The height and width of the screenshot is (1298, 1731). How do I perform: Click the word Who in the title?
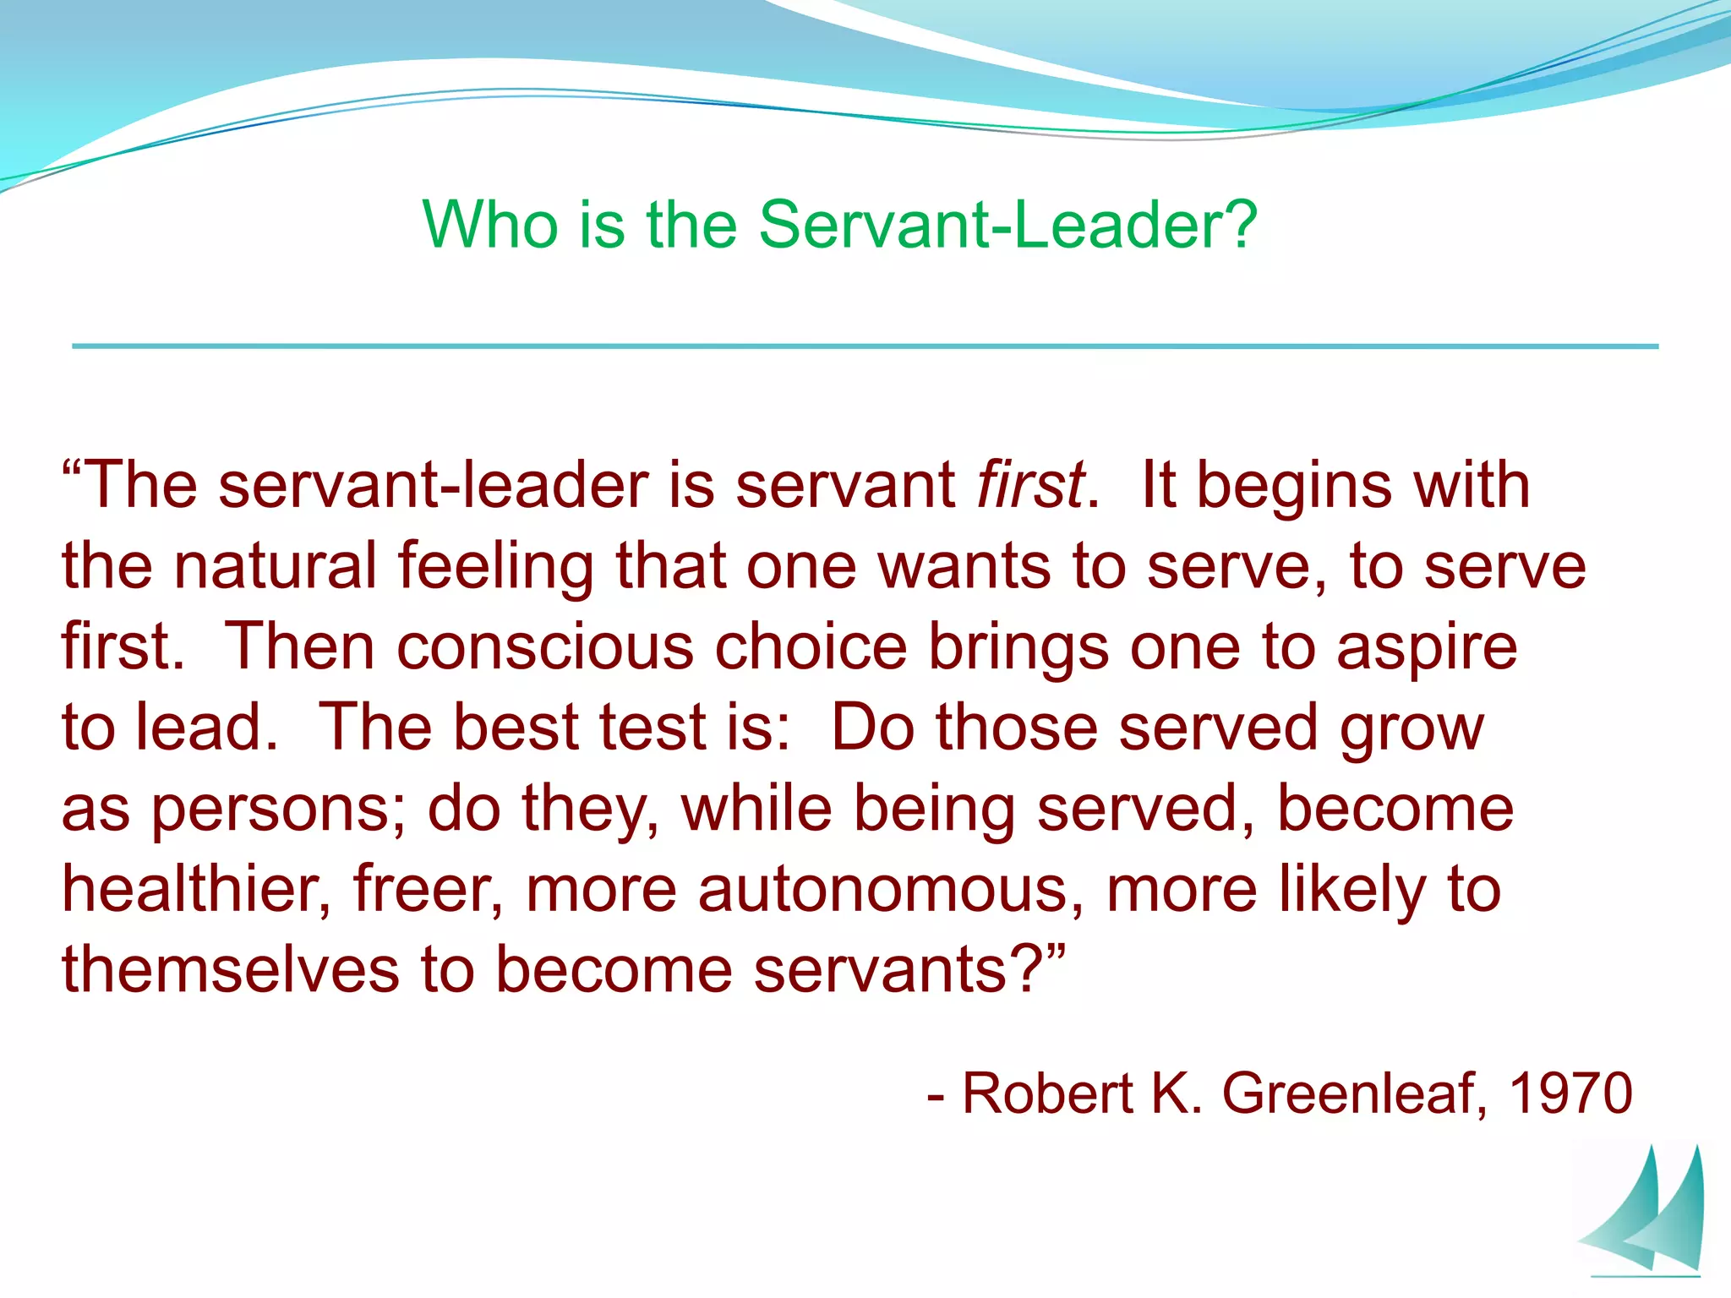490,225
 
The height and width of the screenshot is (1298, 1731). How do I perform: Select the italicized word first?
1030,486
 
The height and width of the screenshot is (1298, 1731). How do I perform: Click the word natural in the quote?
275,566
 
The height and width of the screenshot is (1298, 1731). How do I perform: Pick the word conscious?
545,647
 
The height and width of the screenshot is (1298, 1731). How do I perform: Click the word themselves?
230,970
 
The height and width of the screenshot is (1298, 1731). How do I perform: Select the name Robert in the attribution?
1047,1093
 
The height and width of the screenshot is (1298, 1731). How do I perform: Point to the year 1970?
1570,1093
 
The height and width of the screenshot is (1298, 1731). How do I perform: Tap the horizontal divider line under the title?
865,346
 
